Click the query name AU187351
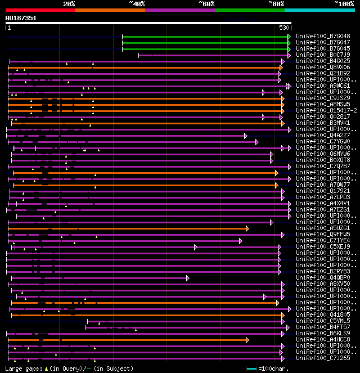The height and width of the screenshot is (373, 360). click(x=21, y=18)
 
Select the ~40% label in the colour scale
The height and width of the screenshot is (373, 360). click(x=137, y=3)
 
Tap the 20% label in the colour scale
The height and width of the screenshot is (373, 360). click(x=69, y=3)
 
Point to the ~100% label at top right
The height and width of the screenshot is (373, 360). click(x=344, y=3)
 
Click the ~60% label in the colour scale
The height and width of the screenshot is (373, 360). click(x=206, y=3)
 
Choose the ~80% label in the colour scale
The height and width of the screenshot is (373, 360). click(x=276, y=3)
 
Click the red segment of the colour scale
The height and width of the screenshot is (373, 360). click(x=40, y=10)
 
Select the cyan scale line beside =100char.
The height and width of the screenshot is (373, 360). click(x=251, y=368)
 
